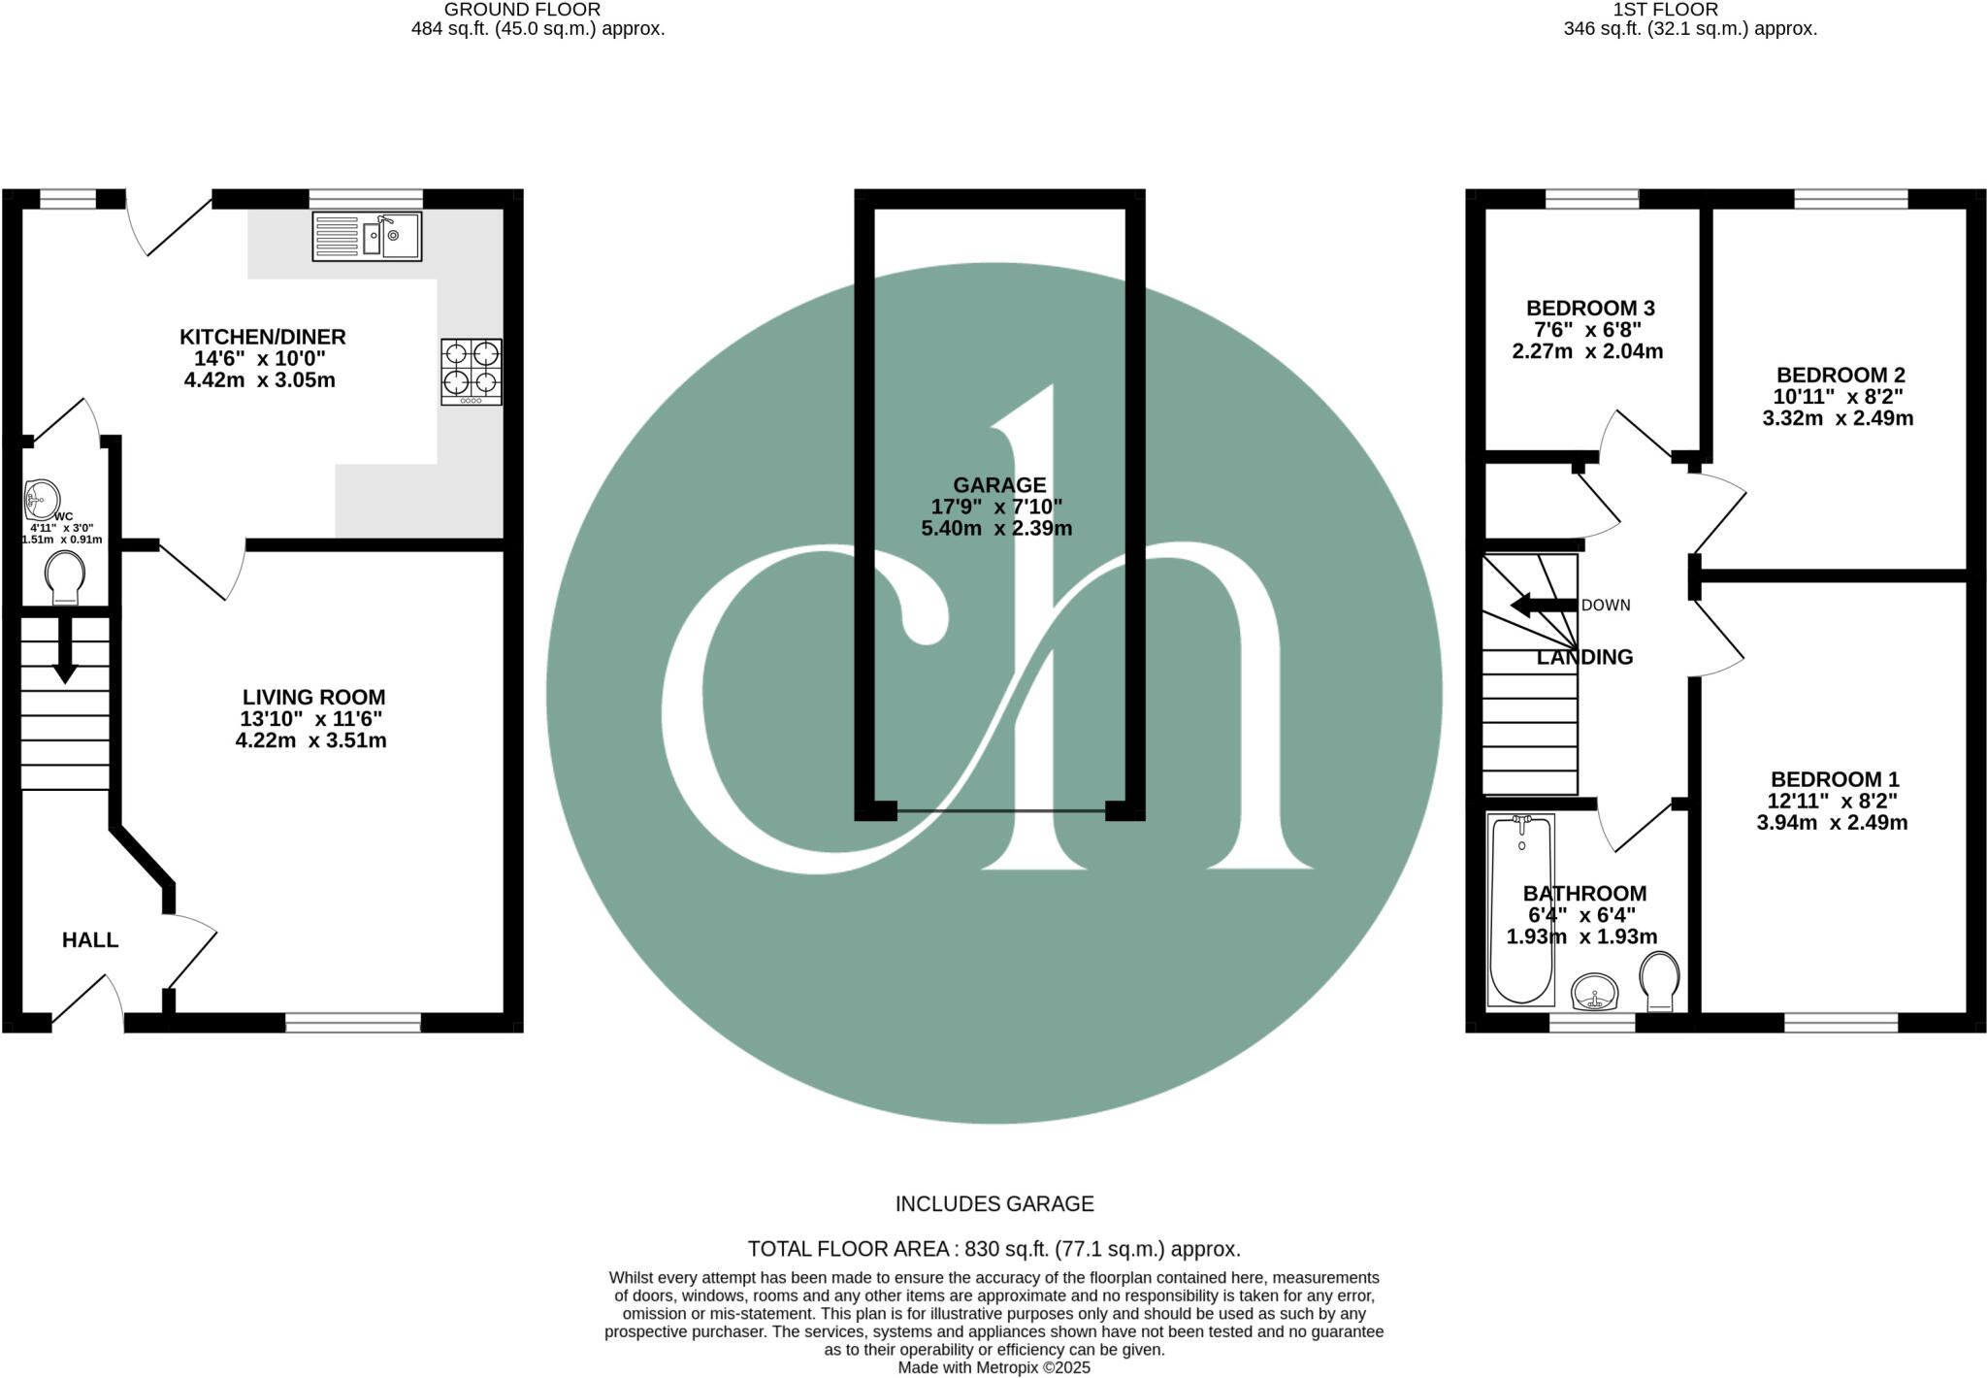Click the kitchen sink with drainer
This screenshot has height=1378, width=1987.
point(367,236)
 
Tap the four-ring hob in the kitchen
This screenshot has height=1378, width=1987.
point(472,371)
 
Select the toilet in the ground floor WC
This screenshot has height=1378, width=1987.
point(65,578)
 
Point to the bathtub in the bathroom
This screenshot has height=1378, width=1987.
point(1520,909)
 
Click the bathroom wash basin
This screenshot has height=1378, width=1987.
point(1594,992)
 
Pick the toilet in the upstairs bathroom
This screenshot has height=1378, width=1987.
point(1659,981)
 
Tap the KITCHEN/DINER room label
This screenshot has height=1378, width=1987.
point(262,337)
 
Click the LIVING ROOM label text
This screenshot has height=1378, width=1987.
point(313,697)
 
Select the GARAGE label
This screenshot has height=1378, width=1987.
point(999,485)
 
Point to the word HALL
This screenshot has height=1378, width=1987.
point(90,939)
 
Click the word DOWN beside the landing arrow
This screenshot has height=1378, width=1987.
point(1606,606)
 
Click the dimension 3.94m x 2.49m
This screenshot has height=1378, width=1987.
point(1832,823)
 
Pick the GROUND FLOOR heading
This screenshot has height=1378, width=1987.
point(522,10)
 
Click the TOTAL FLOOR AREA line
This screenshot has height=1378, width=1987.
point(993,1249)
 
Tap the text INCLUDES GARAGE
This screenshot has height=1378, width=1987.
point(993,1204)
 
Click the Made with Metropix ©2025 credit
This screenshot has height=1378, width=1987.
point(993,1367)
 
